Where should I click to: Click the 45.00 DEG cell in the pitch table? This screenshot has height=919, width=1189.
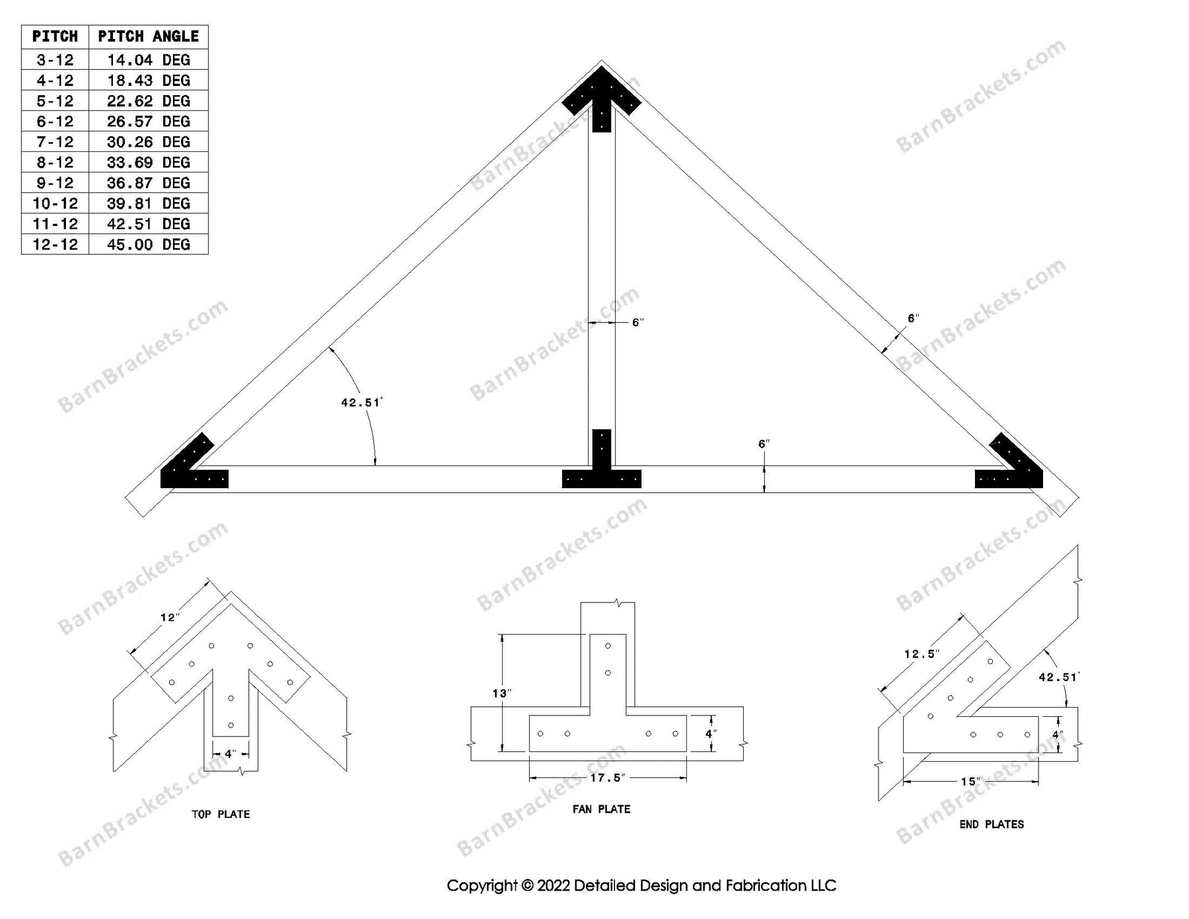(x=148, y=244)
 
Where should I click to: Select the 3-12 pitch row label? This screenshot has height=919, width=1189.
(x=55, y=60)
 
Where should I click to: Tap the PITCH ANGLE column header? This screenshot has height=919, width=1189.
(x=148, y=36)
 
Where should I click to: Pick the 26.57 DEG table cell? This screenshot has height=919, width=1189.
(x=148, y=122)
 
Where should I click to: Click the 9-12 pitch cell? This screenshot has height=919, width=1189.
(x=55, y=183)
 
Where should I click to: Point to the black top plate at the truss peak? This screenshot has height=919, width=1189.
(x=601, y=99)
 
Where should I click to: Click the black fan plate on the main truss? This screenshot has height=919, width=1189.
(x=601, y=469)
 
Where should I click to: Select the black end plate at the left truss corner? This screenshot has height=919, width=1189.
(x=192, y=469)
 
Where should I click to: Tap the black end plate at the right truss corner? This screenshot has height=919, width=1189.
(x=1011, y=469)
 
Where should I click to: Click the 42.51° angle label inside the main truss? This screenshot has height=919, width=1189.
(x=361, y=402)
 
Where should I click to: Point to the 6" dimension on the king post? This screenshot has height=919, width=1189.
(x=637, y=322)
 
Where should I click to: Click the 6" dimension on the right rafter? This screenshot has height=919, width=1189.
(x=913, y=318)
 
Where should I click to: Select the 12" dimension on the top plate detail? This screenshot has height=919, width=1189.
(x=170, y=617)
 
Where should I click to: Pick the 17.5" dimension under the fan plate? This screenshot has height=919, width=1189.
(x=606, y=778)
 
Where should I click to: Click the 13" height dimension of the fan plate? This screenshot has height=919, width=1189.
(x=501, y=693)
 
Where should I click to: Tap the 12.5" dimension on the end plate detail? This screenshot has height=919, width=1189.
(x=921, y=653)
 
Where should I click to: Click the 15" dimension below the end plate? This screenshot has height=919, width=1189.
(x=970, y=782)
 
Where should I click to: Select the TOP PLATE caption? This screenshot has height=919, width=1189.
(x=221, y=815)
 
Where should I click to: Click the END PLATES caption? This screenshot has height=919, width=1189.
(x=991, y=825)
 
